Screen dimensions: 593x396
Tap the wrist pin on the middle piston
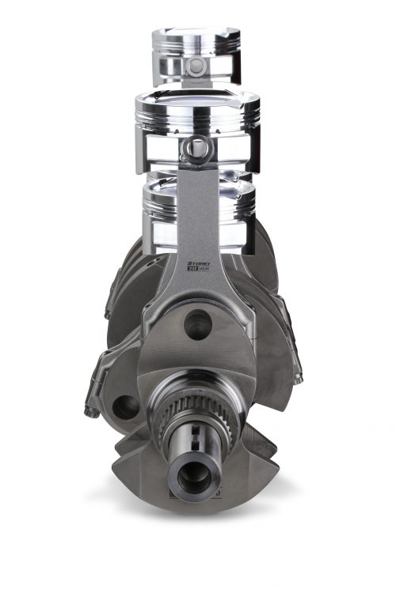click(x=196, y=147)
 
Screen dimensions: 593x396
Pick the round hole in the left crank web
click(x=124, y=408)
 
